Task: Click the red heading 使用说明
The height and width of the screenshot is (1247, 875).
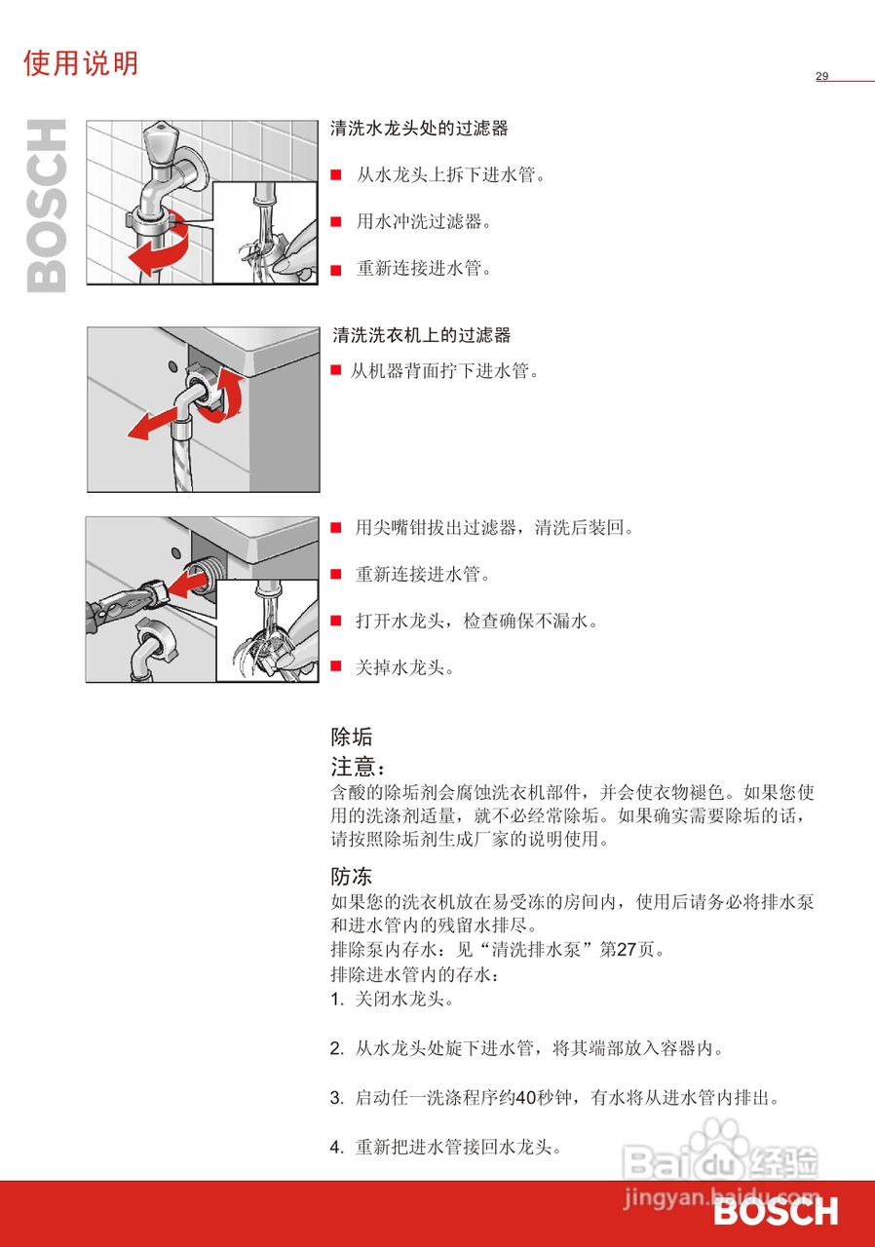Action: click(x=81, y=63)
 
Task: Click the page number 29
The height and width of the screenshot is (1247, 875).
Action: click(x=821, y=76)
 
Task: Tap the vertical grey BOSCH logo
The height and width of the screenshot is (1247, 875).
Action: click(x=46, y=206)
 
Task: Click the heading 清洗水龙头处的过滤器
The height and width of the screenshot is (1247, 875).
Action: click(x=419, y=129)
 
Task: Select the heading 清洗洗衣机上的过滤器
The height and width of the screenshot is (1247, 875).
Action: click(x=421, y=335)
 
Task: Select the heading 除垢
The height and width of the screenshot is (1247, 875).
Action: click(x=351, y=737)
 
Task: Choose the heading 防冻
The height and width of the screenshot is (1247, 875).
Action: click(x=351, y=876)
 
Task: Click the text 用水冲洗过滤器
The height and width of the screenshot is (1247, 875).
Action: click(x=423, y=221)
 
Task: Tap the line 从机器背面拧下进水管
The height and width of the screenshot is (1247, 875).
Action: click(x=444, y=370)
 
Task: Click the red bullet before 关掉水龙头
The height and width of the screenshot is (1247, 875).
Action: click(x=335, y=667)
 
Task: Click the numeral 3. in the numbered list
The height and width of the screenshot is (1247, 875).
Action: click(x=336, y=1098)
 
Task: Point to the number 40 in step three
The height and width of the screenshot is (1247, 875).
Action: click(x=525, y=1098)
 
